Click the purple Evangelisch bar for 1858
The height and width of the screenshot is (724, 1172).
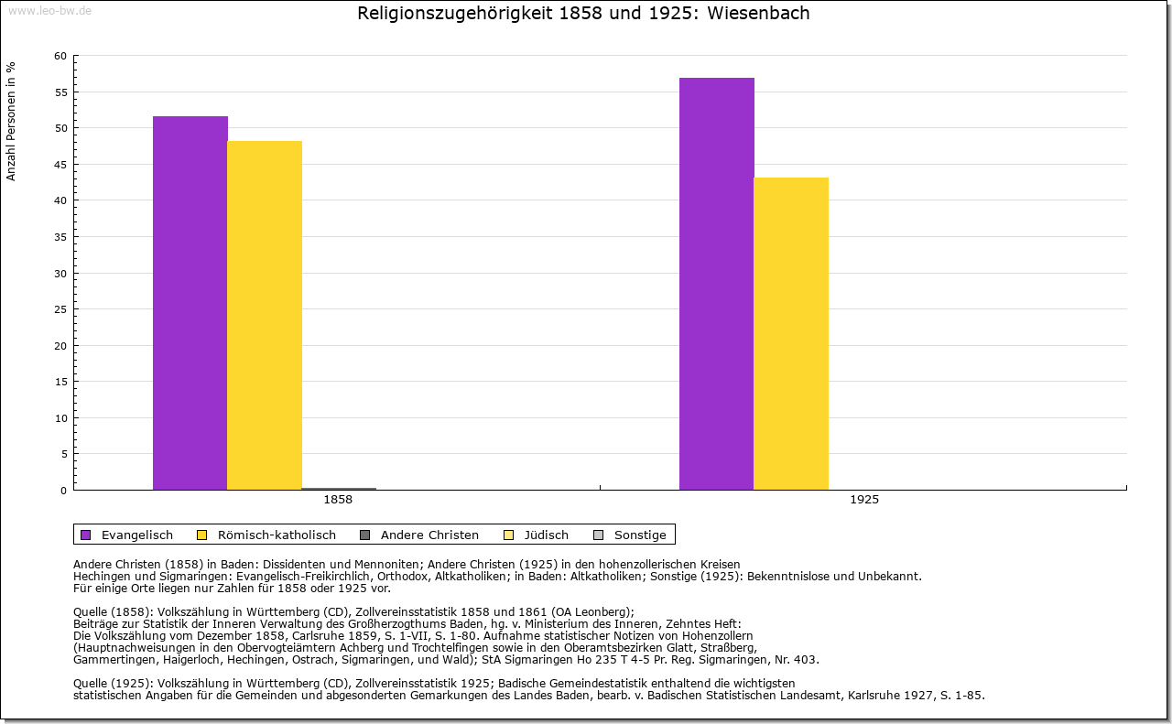pyautogui.click(x=190, y=302)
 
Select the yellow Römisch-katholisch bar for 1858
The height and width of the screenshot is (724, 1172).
pyautogui.click(x=265, y=315)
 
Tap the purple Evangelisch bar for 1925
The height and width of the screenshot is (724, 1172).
pyautogui.click(x=717, y=284)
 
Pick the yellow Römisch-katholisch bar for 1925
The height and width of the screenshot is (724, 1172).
pyautogui.click(x=791, y=333)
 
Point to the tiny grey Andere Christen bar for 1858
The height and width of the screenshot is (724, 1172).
pyautogui.click(x=339, y=489)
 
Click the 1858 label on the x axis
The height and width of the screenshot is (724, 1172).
pyautogui.click(x=338, y=500)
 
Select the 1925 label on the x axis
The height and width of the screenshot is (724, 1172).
pyautogui.click(x=864, y=500)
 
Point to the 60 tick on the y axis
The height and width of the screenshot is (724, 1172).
pyautogui.click(x=60, y=56)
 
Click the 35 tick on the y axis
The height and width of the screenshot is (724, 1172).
pyautogui.click(x=60, y=237)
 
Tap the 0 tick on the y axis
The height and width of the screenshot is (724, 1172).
pyautogui.click(x=63, y=491)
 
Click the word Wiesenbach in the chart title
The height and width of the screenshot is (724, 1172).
pyautogui.click(x=758, y=14)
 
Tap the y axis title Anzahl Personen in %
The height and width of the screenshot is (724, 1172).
pyautogui.click(x=11, y=121)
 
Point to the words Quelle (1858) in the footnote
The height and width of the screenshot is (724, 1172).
pyautogui.click(x=113, y=612)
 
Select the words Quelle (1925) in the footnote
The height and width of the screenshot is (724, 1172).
pyautogui.click(x=113, y=683)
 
